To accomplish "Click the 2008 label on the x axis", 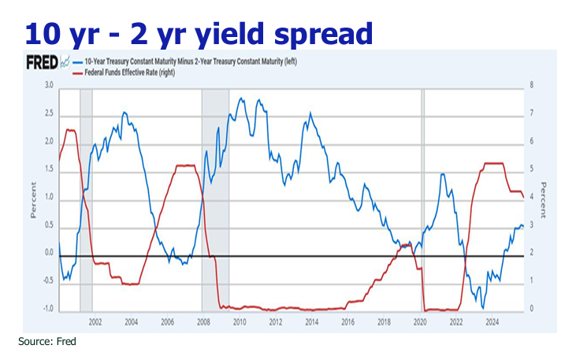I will (x=203, y=321).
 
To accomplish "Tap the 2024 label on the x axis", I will (x=492, y=321).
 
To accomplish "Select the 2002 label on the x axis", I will (x=95, y=321).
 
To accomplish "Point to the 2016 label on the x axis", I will (x=347, y=321).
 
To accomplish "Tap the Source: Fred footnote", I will (x=47, y=342).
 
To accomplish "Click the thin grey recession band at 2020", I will (x=422, y=197).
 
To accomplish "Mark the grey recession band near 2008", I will (x=215, y=197).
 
